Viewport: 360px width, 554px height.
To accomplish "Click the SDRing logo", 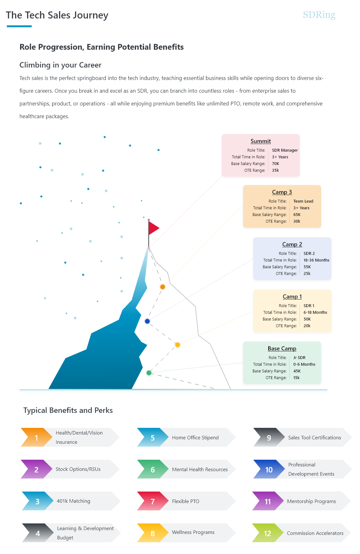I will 319,15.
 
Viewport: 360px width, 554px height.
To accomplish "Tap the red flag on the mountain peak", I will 153,228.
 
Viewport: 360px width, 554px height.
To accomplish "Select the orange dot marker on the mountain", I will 162,287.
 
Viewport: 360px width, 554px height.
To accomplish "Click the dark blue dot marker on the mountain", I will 147,321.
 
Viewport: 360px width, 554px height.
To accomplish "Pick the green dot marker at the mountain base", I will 149,373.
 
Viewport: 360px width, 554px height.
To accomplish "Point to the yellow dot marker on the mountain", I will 177,345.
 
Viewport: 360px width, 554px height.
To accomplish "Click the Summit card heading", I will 261,141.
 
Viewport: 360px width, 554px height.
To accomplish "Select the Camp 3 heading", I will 282,192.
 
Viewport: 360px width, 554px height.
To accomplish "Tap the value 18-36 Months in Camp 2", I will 316,260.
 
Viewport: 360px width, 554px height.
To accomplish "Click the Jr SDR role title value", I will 299,358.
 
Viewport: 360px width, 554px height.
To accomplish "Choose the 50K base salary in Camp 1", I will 307,319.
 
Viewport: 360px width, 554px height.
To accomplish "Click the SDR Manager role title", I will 284,150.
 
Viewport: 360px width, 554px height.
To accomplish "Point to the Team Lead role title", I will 303,201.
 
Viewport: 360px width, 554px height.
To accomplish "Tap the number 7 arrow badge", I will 153,501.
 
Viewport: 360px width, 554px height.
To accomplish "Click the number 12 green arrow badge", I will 267,533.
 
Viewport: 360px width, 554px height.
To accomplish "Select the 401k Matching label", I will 73,501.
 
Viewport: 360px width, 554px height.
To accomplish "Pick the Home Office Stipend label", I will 195,438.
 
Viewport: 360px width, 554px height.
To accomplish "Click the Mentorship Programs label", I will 311,501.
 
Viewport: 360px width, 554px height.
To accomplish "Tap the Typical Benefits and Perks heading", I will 68,410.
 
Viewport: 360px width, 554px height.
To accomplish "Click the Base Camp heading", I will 282,349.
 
